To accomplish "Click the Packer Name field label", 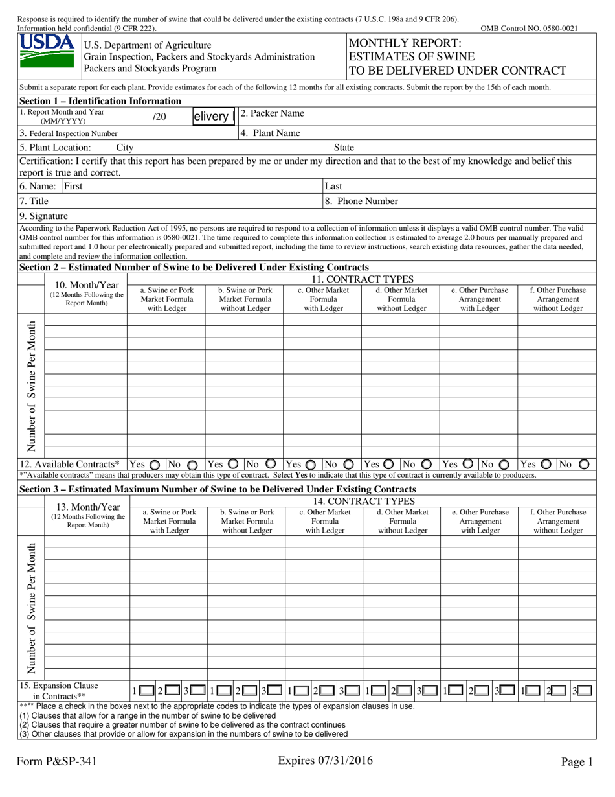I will pyautogui.click(x=272, y=114).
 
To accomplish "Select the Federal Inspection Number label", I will pyautogui.click(x=68, y=133).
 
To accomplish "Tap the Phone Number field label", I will pyautogui.click(x=361, y=202).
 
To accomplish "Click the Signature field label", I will pyautogui.click(x=43, y=216).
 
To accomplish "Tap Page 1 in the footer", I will pyautogui.click(x=576, y=763).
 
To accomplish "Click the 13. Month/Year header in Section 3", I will pyautogui.click(x=87, y=507).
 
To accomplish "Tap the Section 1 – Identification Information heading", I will pyautogui.click(x=100, y=101).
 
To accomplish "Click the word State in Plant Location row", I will pyautogui.click(x=344, y=148).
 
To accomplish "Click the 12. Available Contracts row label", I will pyautogui.click(x=69, y=465).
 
